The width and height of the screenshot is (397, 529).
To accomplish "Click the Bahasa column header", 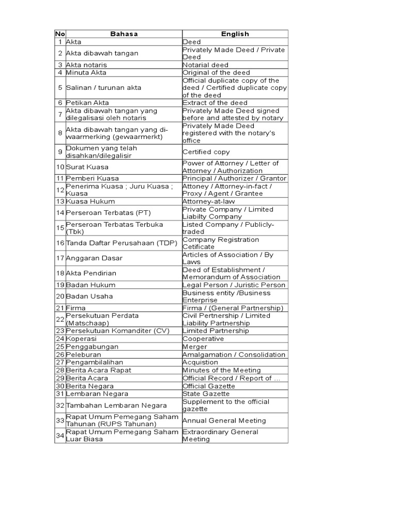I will click(x=124, y=34).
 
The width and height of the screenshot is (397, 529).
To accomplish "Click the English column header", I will click(x=235, y=34).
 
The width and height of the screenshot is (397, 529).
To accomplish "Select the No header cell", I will click(x=60, y=34).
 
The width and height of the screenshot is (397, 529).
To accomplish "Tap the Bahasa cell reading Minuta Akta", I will click(x=86, y=73).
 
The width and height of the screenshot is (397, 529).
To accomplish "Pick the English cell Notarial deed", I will click(x=205, y=65).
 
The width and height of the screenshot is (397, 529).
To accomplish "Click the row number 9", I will click(x=60, y=152).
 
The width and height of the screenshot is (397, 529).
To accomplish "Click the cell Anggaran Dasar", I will click(x=91, y=258).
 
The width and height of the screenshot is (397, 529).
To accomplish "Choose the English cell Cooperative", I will click(x=203, y=339).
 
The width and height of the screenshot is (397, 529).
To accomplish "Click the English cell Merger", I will click(x=195, y=347).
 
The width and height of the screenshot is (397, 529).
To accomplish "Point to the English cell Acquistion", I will click(x=201, y=363).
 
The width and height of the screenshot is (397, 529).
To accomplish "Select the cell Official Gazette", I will click(x=209, y=386).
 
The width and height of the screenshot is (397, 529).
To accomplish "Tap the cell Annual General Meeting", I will click(x=224, y=421).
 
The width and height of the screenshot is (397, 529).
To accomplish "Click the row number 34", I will click(x=60, y=435).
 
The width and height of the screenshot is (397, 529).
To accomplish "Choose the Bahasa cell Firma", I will click(x=76, y=308).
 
